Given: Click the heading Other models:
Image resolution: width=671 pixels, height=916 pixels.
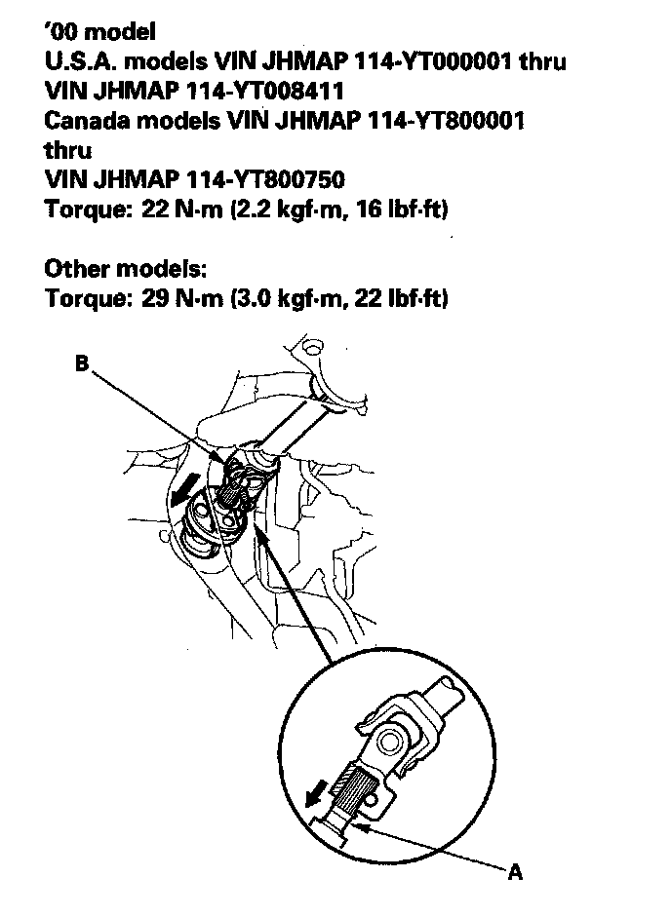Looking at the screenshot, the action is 126,268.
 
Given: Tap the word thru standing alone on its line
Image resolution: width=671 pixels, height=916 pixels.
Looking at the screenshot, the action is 69,150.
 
